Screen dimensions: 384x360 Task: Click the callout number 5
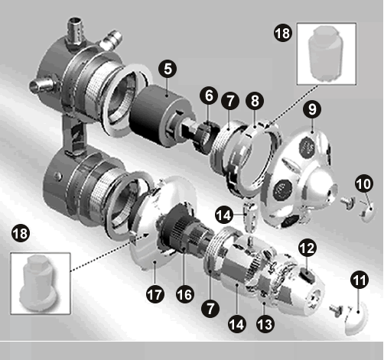click(168, 69)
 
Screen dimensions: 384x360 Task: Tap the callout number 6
click(209, 96)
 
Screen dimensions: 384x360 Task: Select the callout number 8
click(255, 101)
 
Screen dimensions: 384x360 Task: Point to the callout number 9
click(312, 109)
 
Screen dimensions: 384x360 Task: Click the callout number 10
click(364, 183)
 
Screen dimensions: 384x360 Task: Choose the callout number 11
click(360, 280)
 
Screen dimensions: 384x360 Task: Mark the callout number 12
click(308, 248)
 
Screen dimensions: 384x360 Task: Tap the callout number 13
click(265, 324)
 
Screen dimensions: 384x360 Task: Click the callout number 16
click(185, 294)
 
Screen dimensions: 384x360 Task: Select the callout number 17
click(155, 294)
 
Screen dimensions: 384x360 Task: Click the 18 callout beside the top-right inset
click(283, 33)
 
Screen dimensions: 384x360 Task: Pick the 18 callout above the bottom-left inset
click(21, 233)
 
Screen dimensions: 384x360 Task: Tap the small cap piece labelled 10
click(368, 212)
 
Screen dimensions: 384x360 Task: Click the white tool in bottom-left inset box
click(41, 283)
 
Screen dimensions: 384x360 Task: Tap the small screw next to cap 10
click(348, 202)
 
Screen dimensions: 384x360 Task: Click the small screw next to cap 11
click(337, 310)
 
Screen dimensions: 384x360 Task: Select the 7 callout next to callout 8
click(230, 101)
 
